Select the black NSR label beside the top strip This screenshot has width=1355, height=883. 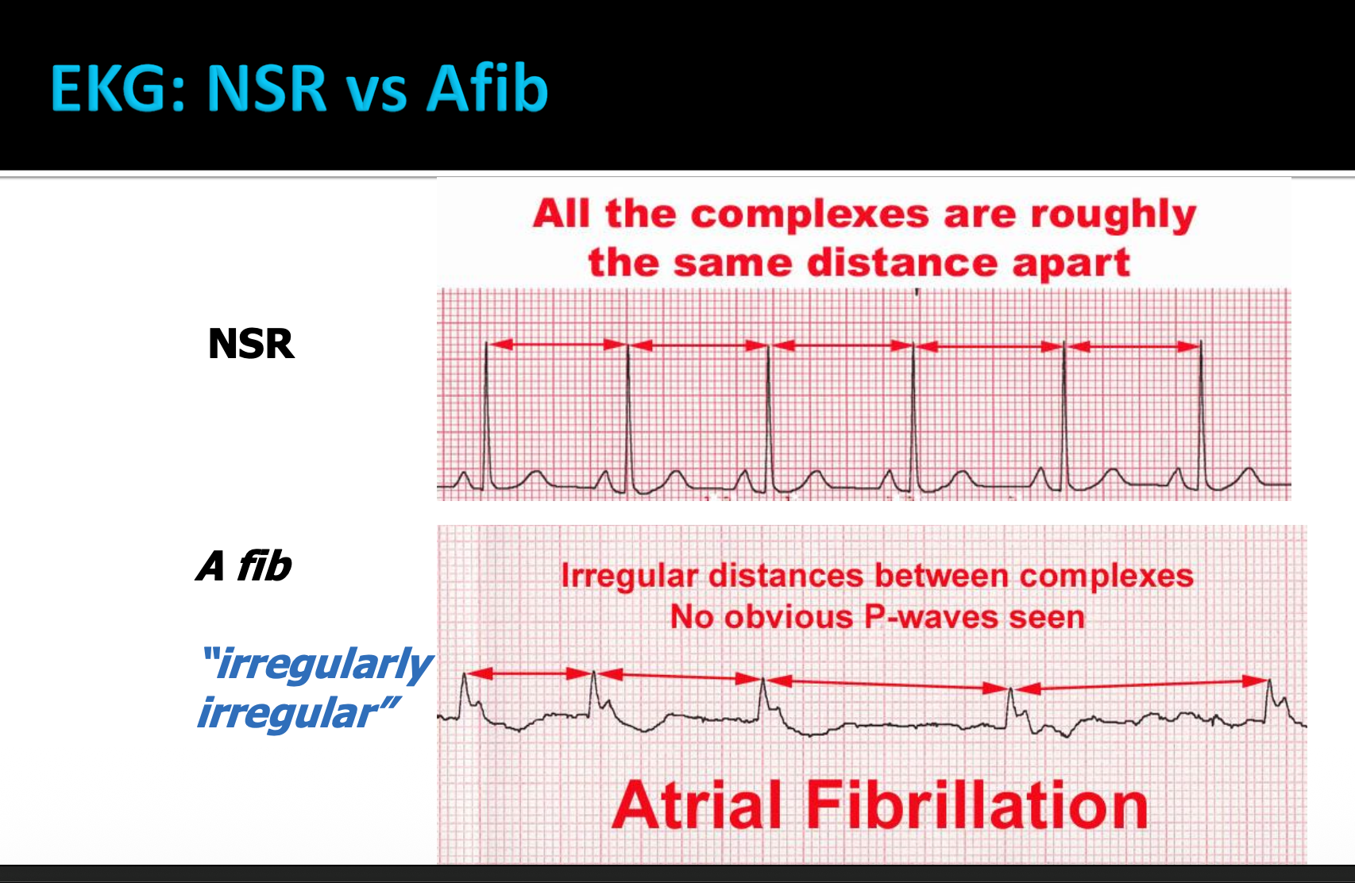tap(251, 344)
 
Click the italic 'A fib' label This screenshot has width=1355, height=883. tap(244, 566)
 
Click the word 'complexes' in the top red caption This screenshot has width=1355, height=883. tap(809, 214)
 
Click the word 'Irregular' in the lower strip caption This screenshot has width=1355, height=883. tap(629, 575)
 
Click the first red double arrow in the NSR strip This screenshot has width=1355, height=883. tap(557, 345)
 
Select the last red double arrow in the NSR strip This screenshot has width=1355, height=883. tap(1133, 346)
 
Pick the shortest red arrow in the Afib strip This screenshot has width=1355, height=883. tap(529, 673)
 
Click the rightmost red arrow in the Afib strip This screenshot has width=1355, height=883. tap(1141, 684)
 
